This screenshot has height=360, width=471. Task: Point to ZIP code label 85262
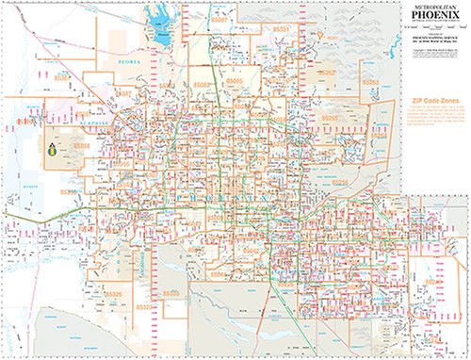pyautogui.click(x=326, y=73)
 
